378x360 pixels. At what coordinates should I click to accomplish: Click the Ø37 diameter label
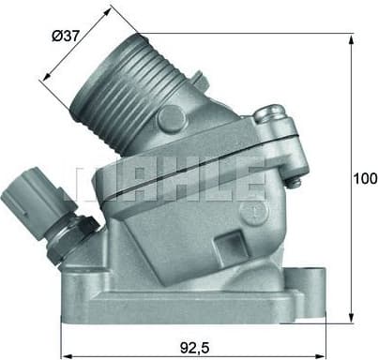(x=68, y=39)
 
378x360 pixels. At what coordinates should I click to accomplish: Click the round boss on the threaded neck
(x=170, y=118)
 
